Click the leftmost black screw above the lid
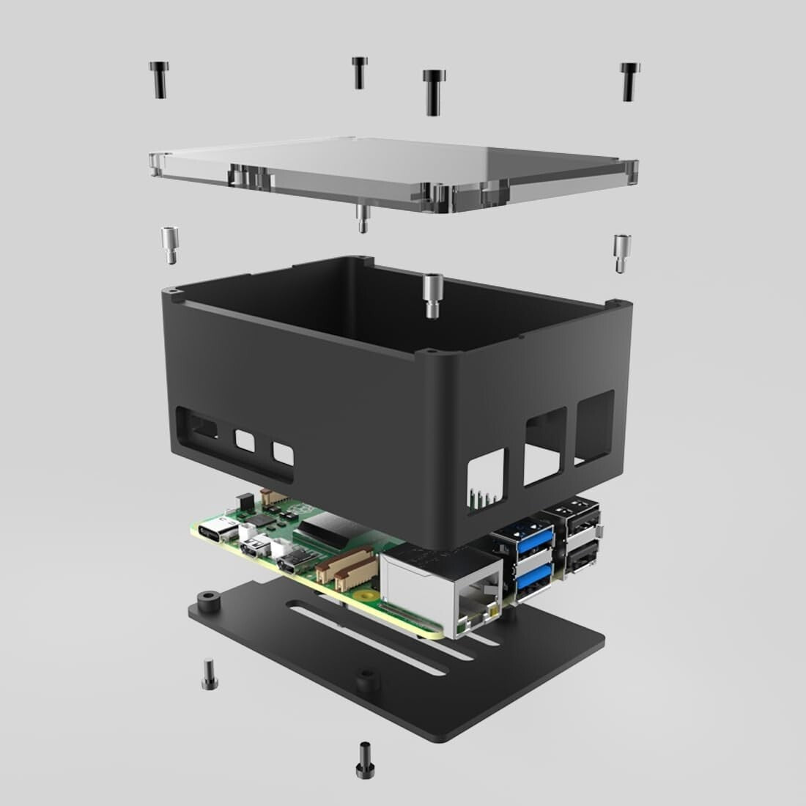click(x=158, y=79)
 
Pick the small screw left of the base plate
click(x=210, y=675)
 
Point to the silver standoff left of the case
click(x=169, y=245)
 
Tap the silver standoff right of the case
click(x=621, y=253)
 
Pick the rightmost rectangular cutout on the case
click(x=594, y=426)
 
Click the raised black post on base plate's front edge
click(x=363, y=681)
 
